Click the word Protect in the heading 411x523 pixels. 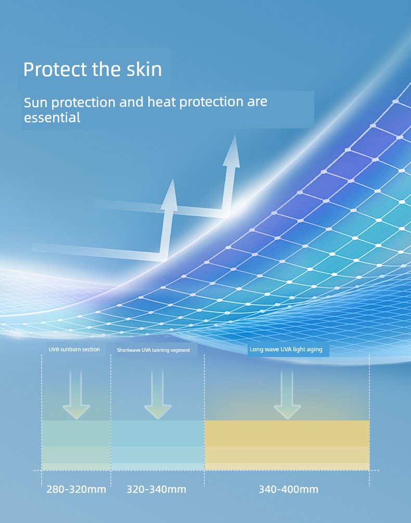pos(55,69)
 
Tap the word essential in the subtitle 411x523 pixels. pos(52,118)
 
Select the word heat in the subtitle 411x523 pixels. pos(162,101)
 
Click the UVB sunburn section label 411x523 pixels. pos(74,349)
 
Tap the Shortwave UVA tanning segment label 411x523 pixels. pos(153,350)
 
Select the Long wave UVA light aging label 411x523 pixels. pos(286,349)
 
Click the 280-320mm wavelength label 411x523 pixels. pos(76,489)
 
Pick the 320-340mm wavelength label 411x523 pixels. pos(156,489)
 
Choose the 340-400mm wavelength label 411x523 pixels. pos(288,489)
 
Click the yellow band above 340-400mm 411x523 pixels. pos(287,445)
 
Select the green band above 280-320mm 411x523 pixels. pos(76,445)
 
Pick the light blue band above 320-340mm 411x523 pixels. pos(158,445)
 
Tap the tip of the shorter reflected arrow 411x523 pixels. pos(172,180)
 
